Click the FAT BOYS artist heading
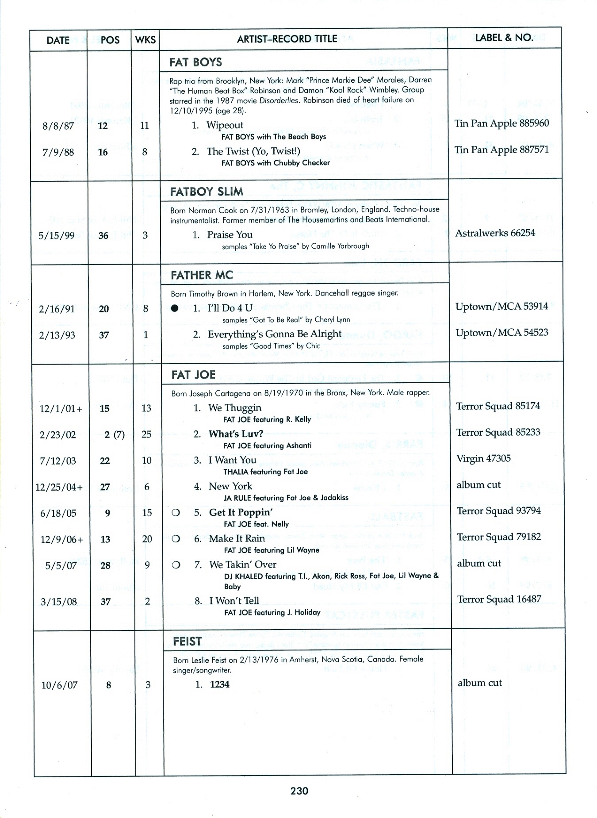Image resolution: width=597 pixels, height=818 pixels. pos(195,62)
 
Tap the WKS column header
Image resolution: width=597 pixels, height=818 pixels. pos(145,40)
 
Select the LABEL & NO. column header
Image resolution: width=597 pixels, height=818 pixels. pos(504,38)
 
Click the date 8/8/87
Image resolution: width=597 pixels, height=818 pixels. pos(58,126)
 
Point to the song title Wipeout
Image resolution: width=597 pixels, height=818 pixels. pos(225,125)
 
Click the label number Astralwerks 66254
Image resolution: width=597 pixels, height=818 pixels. pos(495,233)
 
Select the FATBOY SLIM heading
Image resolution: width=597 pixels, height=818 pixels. pos(207,192)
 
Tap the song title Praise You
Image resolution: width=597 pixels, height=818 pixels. pos(230,235)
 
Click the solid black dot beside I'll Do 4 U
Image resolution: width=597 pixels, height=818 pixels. pos(175,308)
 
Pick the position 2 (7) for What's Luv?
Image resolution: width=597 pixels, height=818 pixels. pos(114,434)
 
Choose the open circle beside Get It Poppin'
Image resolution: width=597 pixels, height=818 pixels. pos(176,513)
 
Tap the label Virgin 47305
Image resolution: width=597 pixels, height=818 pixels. pos(483,458)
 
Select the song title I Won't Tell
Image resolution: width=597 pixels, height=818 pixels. pos(234,601)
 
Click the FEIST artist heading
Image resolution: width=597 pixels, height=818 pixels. pos(187,641)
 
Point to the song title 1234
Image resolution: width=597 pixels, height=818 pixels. pos(219,684)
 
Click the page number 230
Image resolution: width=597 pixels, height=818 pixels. pos(299,791)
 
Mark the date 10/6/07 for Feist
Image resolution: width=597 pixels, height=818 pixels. pos(59,685)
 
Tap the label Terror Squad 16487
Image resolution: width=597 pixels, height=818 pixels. pos(499,599)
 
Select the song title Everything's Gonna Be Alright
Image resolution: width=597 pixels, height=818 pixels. pos(275,334)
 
